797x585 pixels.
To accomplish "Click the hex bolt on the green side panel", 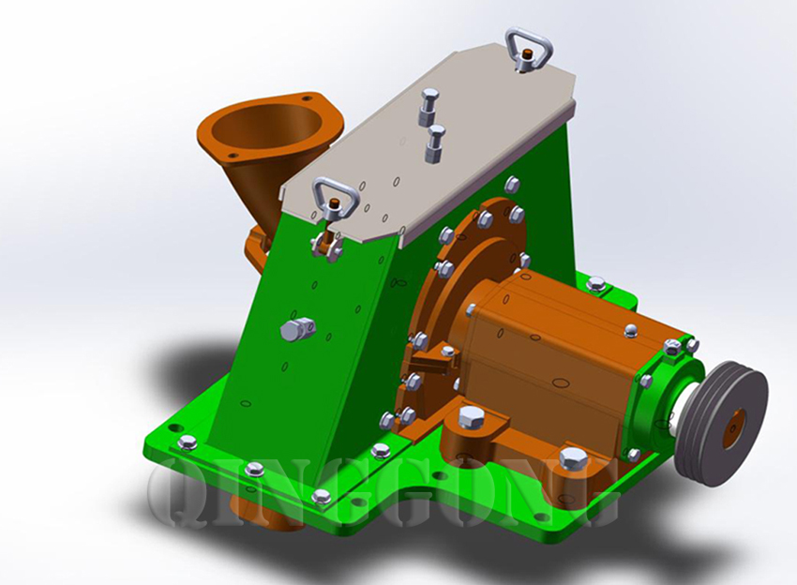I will coord(295,329).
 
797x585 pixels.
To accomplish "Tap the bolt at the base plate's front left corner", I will coord(187,442).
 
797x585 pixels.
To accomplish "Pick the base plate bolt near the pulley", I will coord(574,459).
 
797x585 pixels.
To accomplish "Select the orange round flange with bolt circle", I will coord(441,309).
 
